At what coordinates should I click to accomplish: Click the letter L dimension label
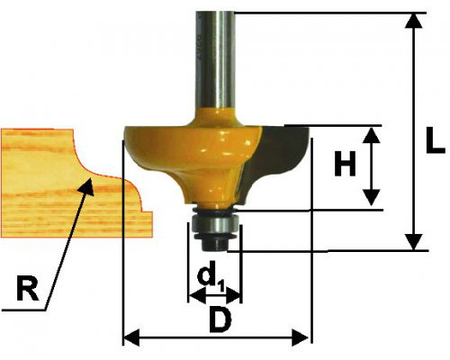pyautogui.click(x=435, y=140)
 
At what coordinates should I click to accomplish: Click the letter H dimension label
pyautogui.click(x=345, y=164)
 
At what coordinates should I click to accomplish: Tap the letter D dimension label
pyautogui.click(x=220, y=320)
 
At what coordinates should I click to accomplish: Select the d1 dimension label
pyautogui.click(x=211, y=277)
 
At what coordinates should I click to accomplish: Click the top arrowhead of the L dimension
pyautogui.click(x=415, y=21)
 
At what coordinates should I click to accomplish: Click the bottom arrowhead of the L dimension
pyautogui.click(x=415, y=242)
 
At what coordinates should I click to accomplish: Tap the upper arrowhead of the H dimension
pyautogui.click(x=372, y=135)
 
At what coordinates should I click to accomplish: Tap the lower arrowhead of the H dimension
pyautogui.click(x=372, y=197)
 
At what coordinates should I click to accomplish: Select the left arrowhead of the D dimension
pyautogui.click(x=132, y=337)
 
